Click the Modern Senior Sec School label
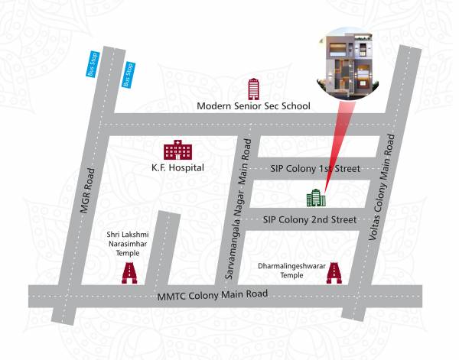pos(252,106)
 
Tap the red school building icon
pos(253,88)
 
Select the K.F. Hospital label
pos(178,167)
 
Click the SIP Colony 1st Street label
pos(315,168)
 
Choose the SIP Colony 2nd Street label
pos(309,219)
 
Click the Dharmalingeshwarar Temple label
pos(291,270)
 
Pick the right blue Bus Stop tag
pos(128,75)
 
